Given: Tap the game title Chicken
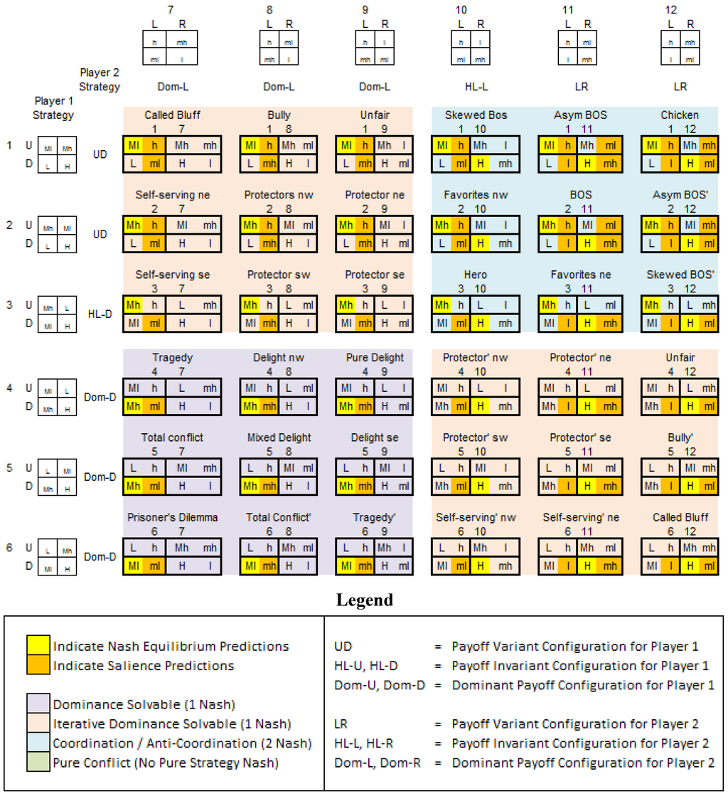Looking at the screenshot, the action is [x=680, y=115].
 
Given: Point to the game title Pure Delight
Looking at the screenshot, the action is [x=375, y=357].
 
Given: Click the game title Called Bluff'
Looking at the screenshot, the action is [x=680, y=517].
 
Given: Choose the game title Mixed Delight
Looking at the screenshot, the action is [x=279, y=437].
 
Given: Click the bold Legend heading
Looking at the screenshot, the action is [x=364, y=600].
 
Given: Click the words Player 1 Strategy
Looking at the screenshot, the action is [x=54, y=107].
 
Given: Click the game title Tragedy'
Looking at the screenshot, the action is [x=375, y=517].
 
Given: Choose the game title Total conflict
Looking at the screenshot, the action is [x=172, y=437].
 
